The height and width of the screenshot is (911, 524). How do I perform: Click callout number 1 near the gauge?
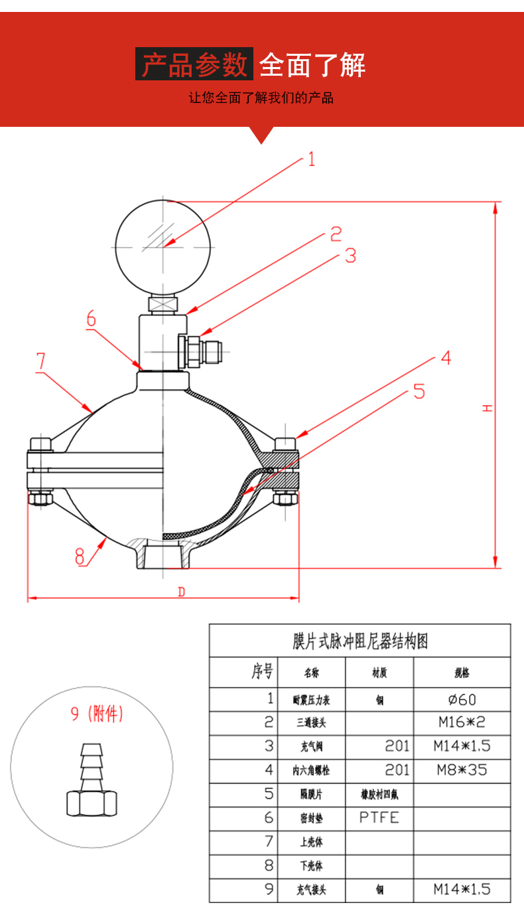point(310,159)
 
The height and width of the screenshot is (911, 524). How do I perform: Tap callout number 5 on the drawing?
point(419,391)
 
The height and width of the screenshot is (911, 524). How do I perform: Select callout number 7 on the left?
point(40,361)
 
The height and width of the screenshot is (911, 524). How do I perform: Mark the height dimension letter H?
point(488,408)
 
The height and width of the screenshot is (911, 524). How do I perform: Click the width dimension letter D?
point(181,592)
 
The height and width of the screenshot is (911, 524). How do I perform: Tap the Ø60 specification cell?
point(462,699)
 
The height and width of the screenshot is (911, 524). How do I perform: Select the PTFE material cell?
point(379,817)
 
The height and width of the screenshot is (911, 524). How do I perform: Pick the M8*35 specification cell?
point(462,770)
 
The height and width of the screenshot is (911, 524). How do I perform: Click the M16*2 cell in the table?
point(462,722)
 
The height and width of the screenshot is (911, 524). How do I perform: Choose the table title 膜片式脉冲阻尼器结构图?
point(360,641)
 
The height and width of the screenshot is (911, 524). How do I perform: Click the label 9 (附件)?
point(97,715)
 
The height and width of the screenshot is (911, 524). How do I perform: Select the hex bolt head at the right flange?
point(287,444)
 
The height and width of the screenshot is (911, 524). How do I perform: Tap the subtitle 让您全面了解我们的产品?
point(261,98)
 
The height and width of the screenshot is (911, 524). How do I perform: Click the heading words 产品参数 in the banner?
point(194,64)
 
